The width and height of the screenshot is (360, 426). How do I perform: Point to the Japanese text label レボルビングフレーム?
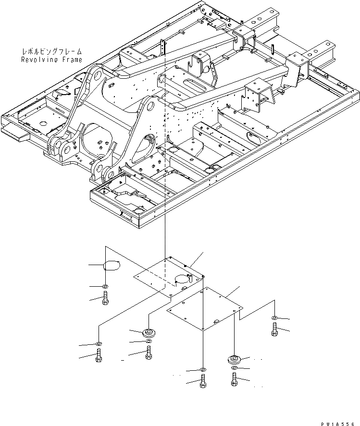coord(52,51)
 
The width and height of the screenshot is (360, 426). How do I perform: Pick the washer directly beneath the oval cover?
coord(105,287)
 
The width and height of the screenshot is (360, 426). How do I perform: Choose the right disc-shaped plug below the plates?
coord(234,359)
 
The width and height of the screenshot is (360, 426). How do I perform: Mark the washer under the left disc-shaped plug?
coord(148,341)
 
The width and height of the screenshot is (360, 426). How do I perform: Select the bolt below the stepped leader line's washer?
coord(274,330)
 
